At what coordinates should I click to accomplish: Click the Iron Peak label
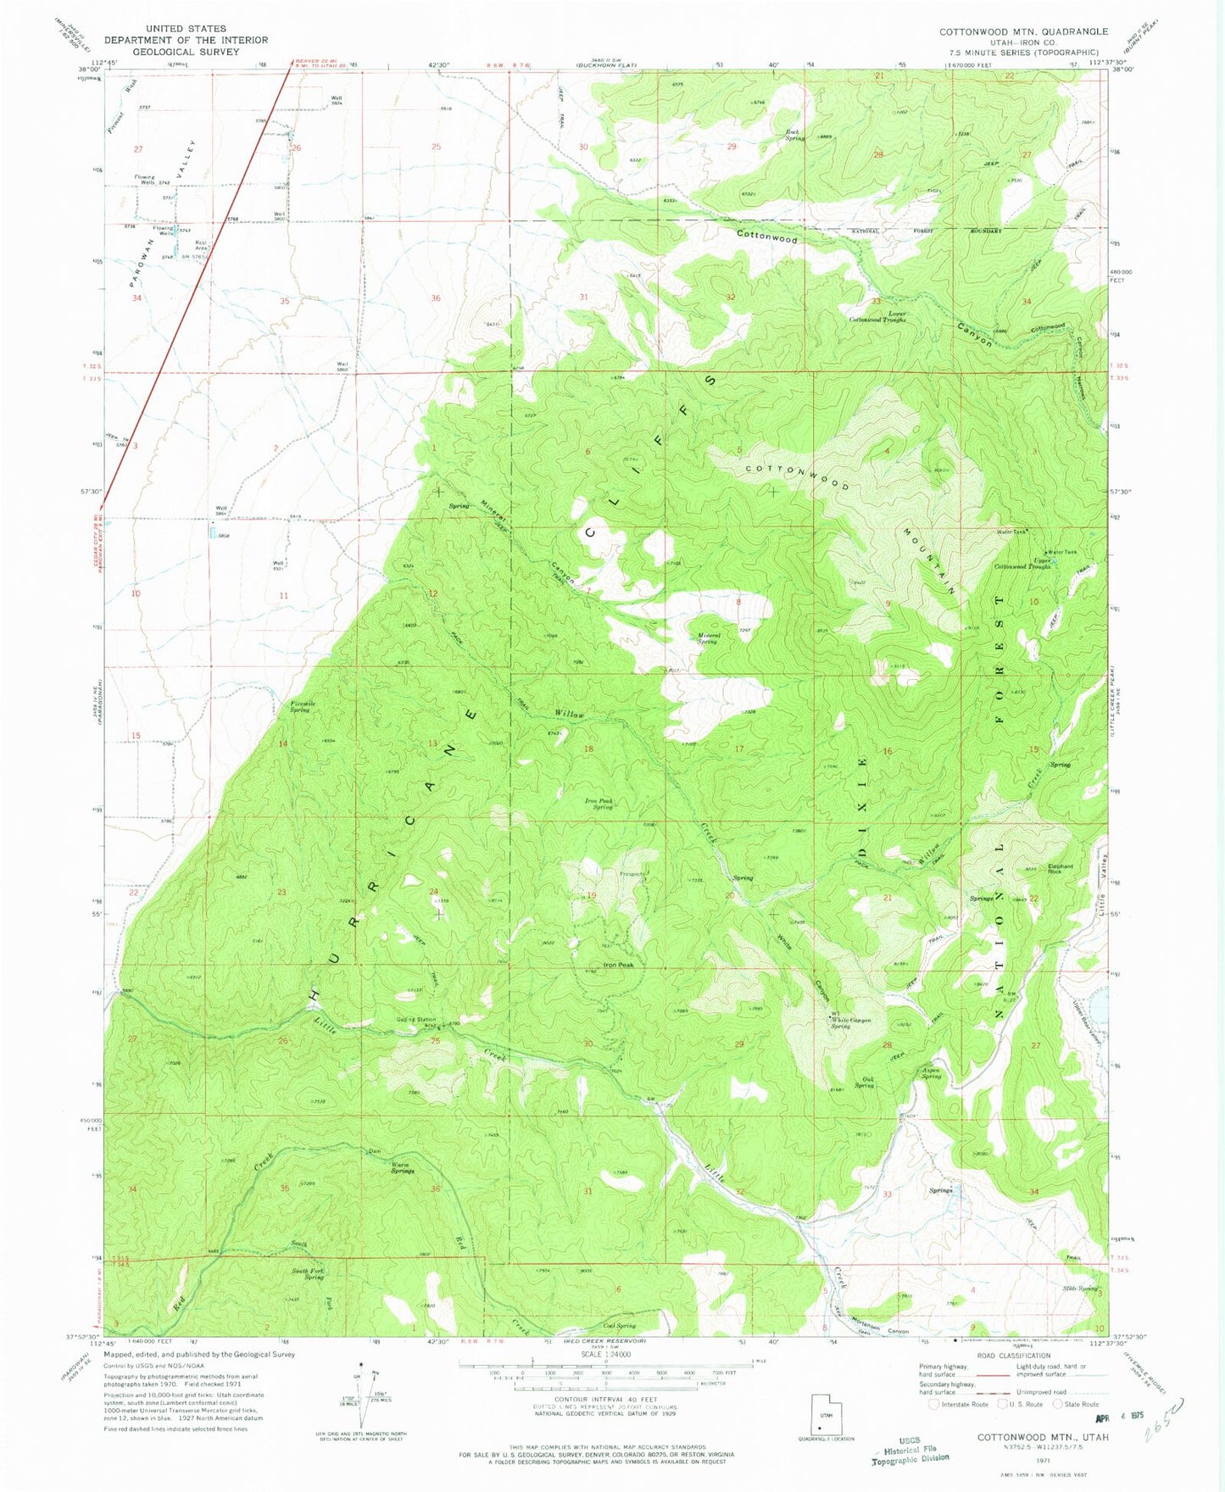[x=618, y=965]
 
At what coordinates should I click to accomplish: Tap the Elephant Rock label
[x=1061, y=869]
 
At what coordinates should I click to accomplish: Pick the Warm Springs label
[x=402, y=1167]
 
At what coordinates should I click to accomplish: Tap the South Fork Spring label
[x=308, y=1274]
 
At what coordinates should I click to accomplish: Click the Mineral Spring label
[x=707, y=637]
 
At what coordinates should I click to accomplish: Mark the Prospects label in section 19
[x=632, y=874]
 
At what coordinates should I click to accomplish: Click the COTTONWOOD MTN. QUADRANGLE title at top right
[x=1022, y=31]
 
